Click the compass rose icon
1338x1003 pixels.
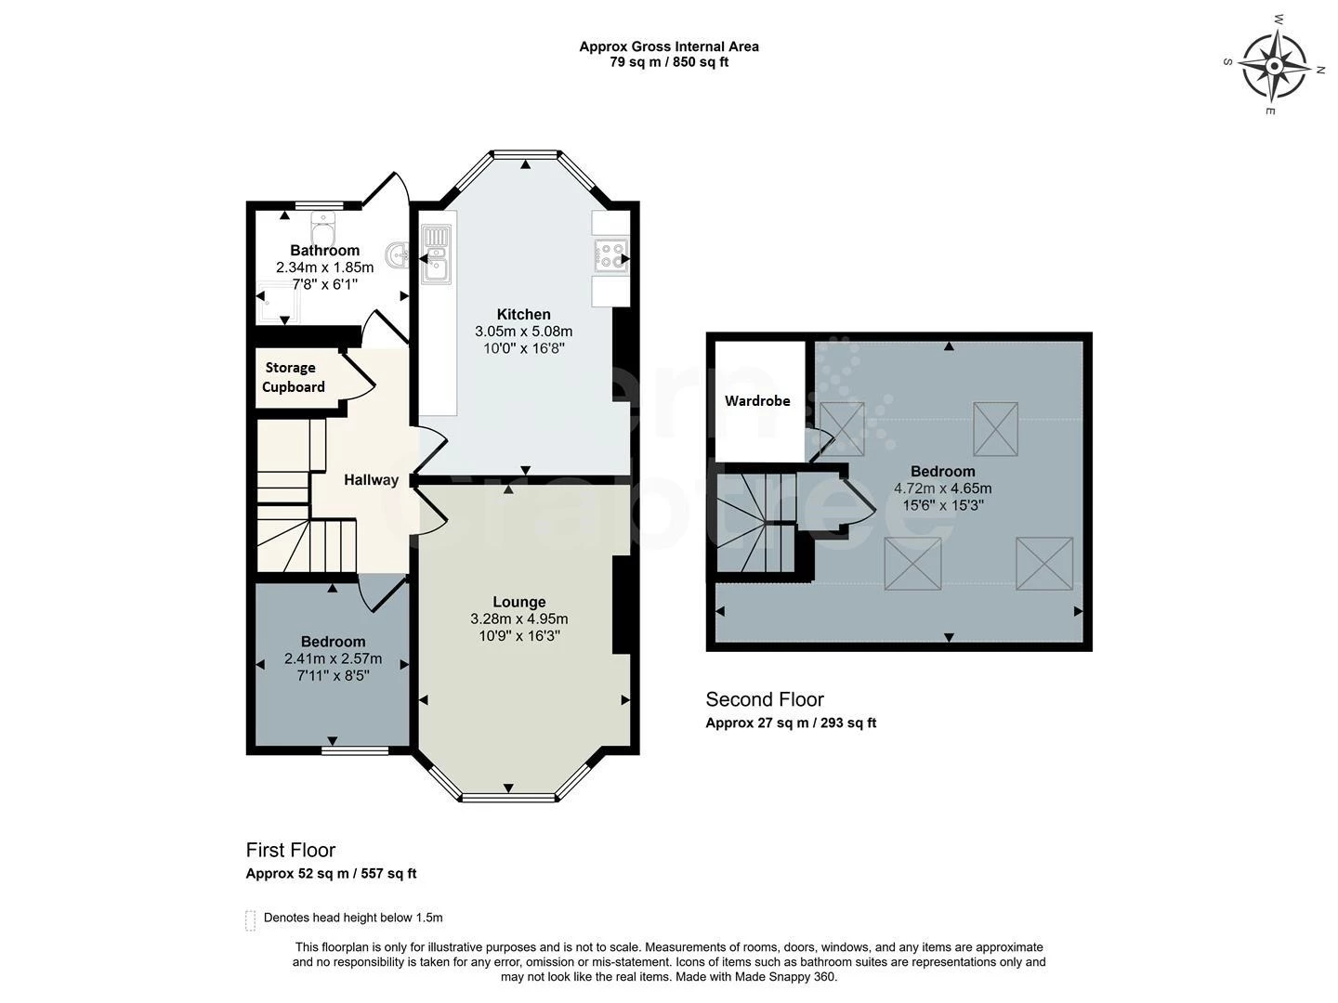1274,66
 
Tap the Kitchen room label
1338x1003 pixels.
523,315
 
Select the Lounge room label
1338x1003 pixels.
518,602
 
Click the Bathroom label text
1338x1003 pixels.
324,251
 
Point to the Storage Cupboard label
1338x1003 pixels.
294,377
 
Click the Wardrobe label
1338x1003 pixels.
757,401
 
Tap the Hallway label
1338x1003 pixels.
371,480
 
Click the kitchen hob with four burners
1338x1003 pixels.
610,254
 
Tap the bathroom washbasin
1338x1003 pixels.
399,254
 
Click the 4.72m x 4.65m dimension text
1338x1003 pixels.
942,488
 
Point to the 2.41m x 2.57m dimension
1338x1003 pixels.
333,659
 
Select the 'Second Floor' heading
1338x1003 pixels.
765,699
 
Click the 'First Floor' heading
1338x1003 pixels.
291,850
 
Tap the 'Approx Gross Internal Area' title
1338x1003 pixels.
669,46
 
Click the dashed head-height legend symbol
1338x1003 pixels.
250,919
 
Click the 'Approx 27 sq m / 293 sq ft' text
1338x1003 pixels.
791,723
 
